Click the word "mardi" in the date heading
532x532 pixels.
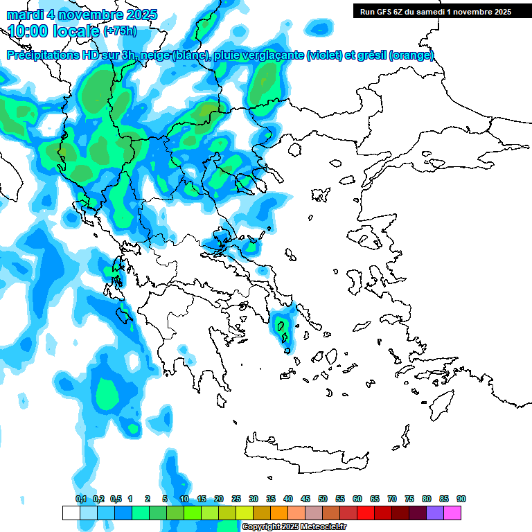click(25, 15)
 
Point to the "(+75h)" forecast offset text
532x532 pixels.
click(120, 31)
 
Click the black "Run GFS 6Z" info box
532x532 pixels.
click(433, 11)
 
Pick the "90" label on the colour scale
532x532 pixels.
click(461, 499)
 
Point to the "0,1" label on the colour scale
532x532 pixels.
click(80, 499)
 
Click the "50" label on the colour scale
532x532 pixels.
click(323, 499)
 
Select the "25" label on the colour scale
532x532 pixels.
click(236, 499)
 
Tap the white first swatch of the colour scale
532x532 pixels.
click(71, 513)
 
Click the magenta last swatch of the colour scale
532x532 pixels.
click(452, 513)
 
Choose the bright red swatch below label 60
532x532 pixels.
click(366, 513)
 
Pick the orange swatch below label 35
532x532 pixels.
click(279, 513)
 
